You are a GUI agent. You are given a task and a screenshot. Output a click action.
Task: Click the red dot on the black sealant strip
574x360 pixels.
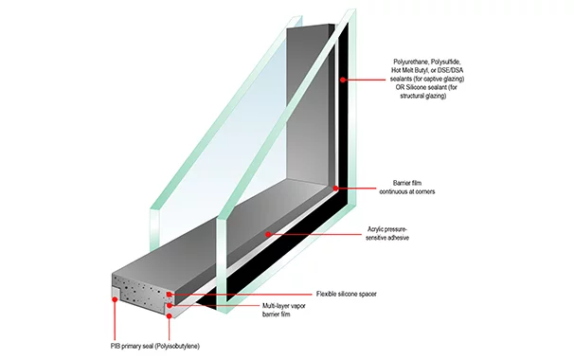click(343, 79)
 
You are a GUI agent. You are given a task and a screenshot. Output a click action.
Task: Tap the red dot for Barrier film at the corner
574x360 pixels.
click(335, 188)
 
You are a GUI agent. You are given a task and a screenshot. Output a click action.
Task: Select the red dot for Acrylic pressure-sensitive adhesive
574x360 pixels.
click(268, 234)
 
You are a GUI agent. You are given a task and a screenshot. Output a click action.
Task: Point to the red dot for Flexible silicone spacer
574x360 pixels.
click(169, 294)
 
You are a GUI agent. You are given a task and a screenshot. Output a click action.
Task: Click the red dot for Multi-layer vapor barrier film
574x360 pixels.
click(170, 305)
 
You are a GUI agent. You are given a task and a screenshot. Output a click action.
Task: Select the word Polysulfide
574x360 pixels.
click(448, 62)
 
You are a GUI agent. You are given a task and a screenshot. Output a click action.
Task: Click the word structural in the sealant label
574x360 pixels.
click(412, 96)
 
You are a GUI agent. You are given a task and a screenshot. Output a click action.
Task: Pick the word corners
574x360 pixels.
click(424, 191)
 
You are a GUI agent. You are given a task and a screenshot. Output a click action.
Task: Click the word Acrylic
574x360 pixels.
click(375, 229)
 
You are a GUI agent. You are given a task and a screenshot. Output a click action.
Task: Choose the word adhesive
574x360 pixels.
click(398, 238)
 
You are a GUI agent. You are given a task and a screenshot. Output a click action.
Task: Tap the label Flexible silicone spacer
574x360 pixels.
click(347, 294)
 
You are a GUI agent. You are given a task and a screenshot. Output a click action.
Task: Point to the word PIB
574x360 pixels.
click(116, 346)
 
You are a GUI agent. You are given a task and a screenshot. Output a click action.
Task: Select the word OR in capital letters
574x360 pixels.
click(400, 87)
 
